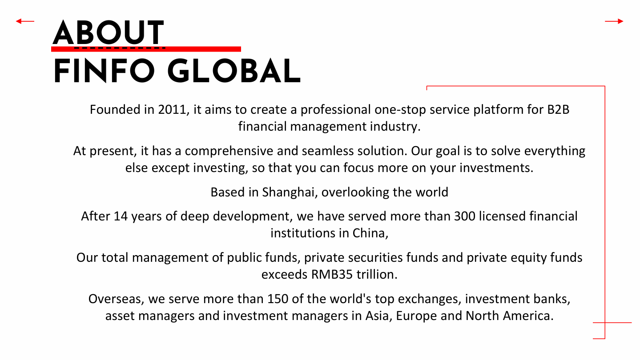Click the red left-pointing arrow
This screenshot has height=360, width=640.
[25, 21]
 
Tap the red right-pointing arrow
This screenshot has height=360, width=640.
[614, 21]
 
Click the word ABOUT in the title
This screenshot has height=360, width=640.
[108, 32]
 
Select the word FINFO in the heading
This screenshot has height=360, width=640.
[104, 71]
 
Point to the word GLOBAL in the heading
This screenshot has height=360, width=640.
[234, 71]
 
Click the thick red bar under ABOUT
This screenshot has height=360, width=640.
[146, 49]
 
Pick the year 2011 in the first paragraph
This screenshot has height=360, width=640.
[172, 109]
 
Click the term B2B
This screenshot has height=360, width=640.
[558, 109]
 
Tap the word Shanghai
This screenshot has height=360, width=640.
[288, 192]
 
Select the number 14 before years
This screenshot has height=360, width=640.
[121, 216]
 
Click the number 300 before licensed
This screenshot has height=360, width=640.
[465, 216]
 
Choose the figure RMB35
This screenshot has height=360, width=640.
[332, 274]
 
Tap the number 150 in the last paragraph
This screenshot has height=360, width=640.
[278, 299]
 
